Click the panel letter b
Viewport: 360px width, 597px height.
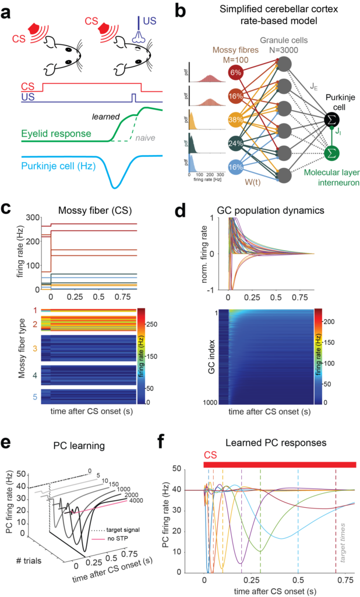pyautogui.click(x=188, y=10)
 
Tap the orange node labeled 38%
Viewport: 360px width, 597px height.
pyautogui.click(x=236, y=120)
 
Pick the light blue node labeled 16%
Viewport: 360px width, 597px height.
pyautogui.click(x=236, y=167)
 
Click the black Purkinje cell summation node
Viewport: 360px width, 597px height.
pyautogui.click(x=333, y=120)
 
